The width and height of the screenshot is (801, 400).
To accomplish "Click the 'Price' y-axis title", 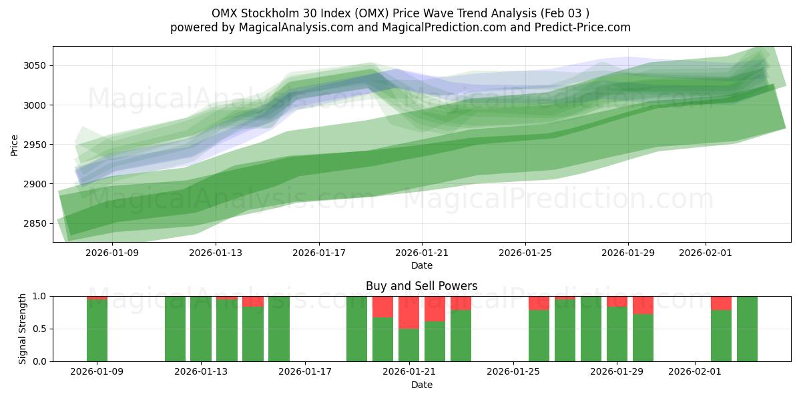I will point(15,144).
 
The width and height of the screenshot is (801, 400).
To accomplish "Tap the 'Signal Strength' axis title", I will point(23,329).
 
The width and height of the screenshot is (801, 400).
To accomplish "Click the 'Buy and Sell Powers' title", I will point(421,286).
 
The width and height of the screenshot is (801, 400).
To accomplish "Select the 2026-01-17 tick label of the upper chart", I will point(318,253).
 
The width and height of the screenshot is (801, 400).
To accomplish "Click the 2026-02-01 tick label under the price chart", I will point(706,253).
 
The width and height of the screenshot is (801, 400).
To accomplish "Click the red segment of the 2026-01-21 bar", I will point(409,312).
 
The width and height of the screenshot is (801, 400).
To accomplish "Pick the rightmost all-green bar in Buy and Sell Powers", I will point(747,329).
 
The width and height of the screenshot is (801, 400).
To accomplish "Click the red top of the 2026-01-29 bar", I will point(617,301).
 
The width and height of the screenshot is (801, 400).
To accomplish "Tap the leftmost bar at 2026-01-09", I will point(97,330).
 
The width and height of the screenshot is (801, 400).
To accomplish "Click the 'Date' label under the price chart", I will point(421,265).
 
